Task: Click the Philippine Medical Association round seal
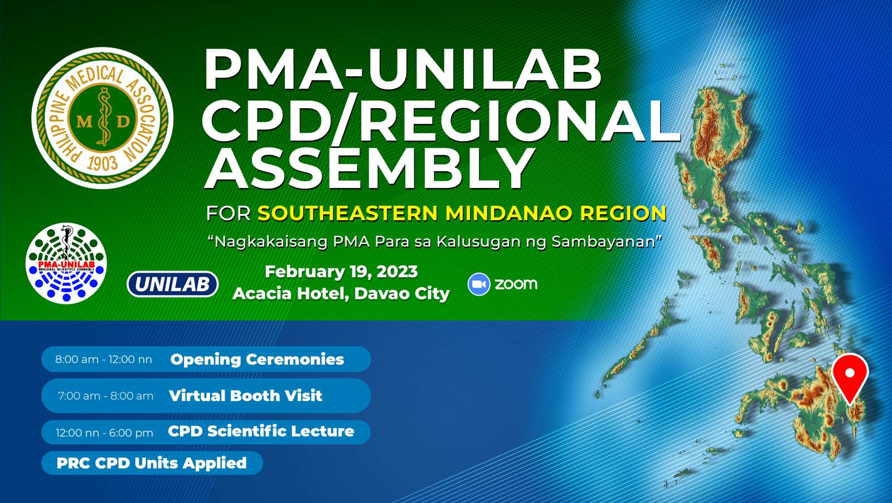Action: pyautogui.click(x=103, y=118)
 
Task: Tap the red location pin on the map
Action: pyautogui.click(x=850, y=378)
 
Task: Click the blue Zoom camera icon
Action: pyautogui.click(x=479, y=284)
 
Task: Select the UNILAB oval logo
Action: pyautogui.click(x=172, y=284)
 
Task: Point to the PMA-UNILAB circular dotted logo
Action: pyautogui.click(x=66, y=263)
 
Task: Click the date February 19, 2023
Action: pyautogui.click(x=341, y=272)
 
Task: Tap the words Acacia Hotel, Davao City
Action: pyautogui.click(x=341, y=294)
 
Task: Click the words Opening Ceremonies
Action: pyautogui.click(x=257, y=359)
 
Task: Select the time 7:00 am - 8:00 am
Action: pyautogui.click(x=105, y=396)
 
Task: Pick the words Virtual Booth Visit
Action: pyautogui.click(x=245, y=396)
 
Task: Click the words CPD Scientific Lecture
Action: pyautogui.click(x=261, y=431)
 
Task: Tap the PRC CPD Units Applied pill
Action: pyautogui.click(x=152, y=463)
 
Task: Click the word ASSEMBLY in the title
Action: pyautogui.click(x=369, y=169)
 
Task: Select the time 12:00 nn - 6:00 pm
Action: pyautogui.click(x=104, y=433)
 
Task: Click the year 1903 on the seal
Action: pyautogui.click(x=103, y=163)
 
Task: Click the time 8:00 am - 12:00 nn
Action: pyautogui.click(x=104, y=360)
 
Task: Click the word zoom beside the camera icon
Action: pyautogui.click(x=516, y=284)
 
